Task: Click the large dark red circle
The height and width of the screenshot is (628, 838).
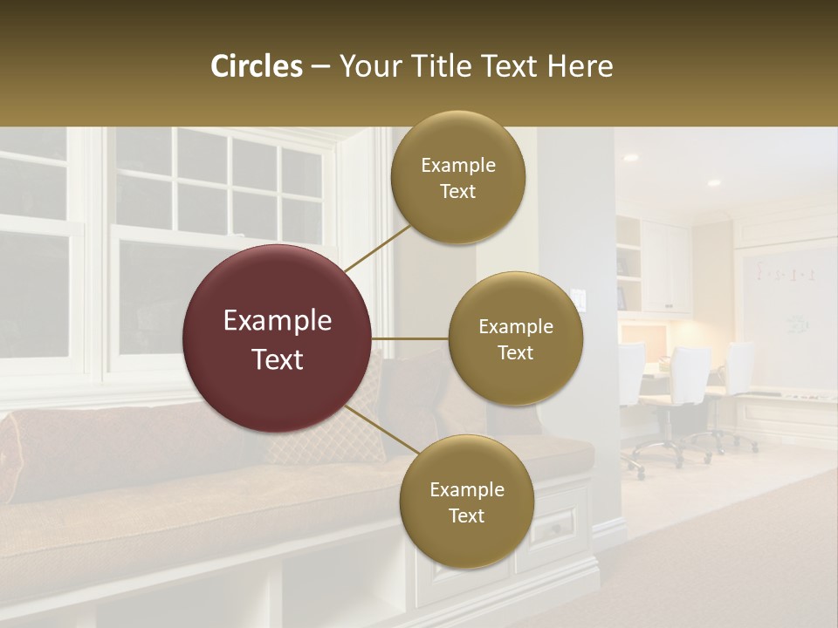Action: tap(278, 338)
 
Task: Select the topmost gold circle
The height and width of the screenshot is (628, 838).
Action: tap(457, 178)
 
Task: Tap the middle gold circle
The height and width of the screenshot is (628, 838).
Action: tap(515, 338)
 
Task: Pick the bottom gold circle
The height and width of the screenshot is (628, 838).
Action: tap(466, 502)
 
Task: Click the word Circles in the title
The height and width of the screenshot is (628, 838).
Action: tap(257, 66)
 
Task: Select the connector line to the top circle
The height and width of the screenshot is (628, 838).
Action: tap(377, 248)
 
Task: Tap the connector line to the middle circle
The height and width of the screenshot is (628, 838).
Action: tap(410, 338)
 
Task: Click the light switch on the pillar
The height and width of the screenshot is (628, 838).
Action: tap(578, 297)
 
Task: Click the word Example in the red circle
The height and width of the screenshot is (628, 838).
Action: tap(278, 321)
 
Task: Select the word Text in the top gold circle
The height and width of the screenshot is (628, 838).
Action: tap(457, 192)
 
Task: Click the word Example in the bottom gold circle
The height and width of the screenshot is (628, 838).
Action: tap(466, 489)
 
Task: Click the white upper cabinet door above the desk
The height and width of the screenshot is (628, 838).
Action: tap(669, 266)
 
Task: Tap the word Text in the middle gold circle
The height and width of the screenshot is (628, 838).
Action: tap(515, 352)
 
